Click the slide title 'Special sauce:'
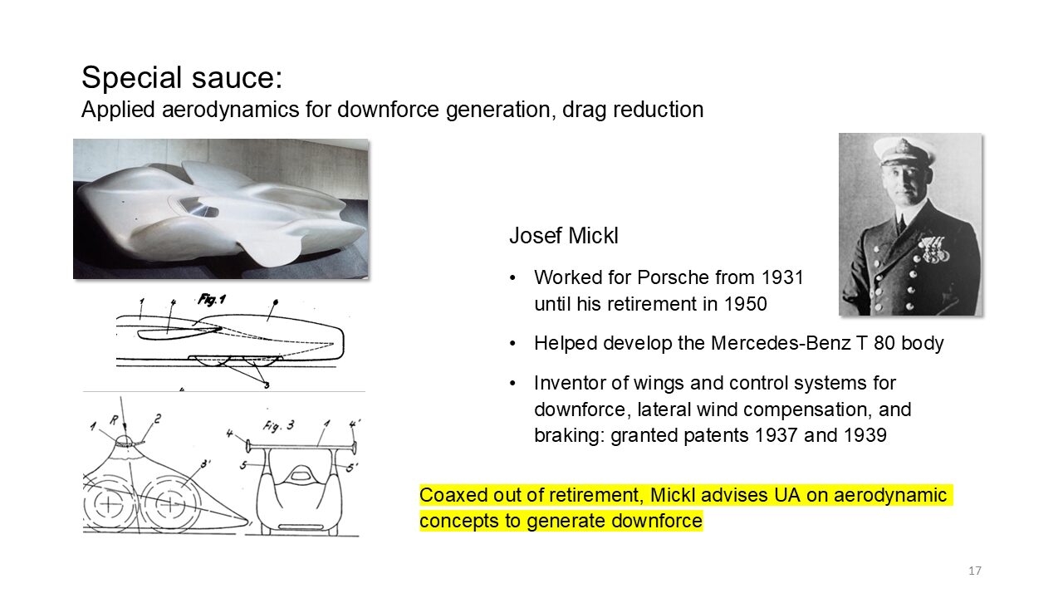pyautogui.click(x=182, y=77)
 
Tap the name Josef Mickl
pyautogui.click(x=564, y=236)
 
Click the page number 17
pyautogui.click(x=975, y=571)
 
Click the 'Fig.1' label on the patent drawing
pyautogui.click(x=212, y=300)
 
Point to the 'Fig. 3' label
pyautogui.click(x=278, y=426)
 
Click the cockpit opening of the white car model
pyautogui.click(x=197, y=207)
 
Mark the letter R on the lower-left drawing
pyautogui.click(x=114, y=419)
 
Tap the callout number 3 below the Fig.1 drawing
pyautogui.click(x=267, y=385)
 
